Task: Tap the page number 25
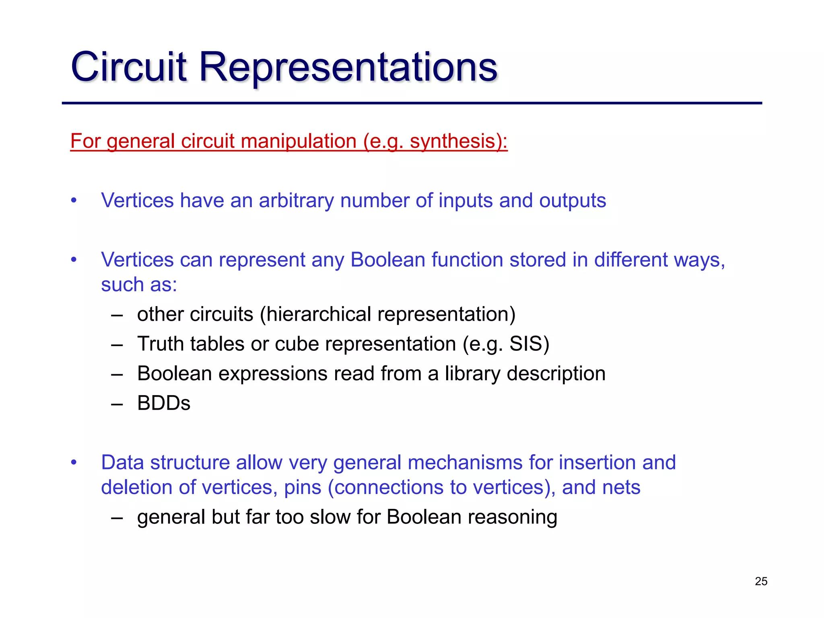click(x=761, y=581)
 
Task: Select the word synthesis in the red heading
click(x=452, y=141)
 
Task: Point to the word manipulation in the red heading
click(x=299, y=141)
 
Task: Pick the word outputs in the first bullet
click(x=572, y=200)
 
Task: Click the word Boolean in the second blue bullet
click(x=387, y=260)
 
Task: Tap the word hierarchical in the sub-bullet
click(x=319, y=314)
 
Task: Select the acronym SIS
click(x=526, y=344)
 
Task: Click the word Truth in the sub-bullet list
click(x=161, y=344)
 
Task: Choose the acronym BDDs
click(x=164, y=403)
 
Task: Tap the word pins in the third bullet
click(x=303, y=487)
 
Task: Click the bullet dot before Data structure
click(x=74, y=463)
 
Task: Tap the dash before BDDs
click(x=117, y=404)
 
